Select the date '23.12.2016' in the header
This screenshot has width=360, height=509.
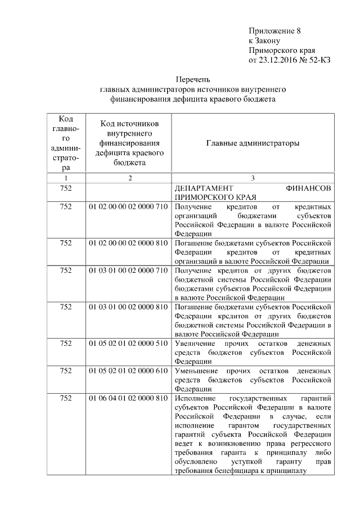click(278, 60)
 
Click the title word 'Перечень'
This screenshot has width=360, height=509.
click(193, 80)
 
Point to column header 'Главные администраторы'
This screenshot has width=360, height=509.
click(253, 143)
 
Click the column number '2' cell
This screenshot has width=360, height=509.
click(129, 178)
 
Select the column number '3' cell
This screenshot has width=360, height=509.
click(253, 178)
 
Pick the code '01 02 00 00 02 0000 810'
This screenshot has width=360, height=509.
click(129, 243)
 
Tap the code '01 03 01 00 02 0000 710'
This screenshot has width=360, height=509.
click(129, 271)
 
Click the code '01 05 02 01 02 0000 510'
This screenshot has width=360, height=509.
click(129, 343)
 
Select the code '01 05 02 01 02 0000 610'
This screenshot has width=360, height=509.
click(129, 371)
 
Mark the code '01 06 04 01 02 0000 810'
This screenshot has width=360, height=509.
click(129, 398)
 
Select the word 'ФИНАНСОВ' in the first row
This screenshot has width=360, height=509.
click(308, 188)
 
